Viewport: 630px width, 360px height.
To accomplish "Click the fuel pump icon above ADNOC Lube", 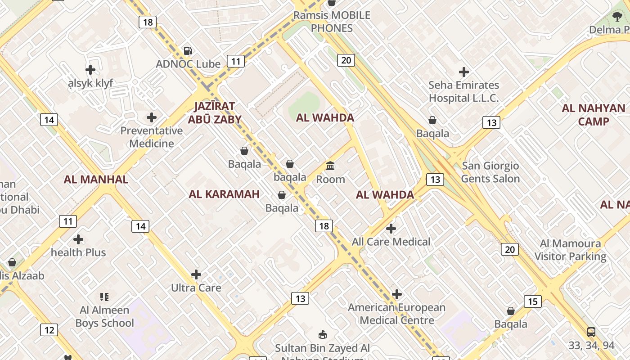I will click(188, 51).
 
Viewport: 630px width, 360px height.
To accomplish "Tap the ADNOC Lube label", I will click(188, 64).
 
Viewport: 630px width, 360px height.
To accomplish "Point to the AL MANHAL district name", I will click(96, 179).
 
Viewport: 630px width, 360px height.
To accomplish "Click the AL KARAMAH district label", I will click(224, 194).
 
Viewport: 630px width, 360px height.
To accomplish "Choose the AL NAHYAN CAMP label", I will click(594, 115).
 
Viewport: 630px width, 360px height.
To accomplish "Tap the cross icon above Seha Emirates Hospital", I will click(463, 72).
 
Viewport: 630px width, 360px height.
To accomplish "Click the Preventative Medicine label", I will click(152, 137).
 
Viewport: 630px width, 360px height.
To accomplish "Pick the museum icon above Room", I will click(330, 166).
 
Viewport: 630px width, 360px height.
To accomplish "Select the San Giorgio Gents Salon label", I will click(490, 172).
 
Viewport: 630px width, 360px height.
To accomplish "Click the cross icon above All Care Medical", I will click(391, 229).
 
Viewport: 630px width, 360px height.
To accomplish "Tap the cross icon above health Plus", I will click(78, 239).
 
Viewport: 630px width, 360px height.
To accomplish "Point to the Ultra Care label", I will click(196, 288).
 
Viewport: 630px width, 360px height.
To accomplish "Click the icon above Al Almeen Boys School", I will click(104, 297).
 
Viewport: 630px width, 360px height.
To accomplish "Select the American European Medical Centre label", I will click(397, 314).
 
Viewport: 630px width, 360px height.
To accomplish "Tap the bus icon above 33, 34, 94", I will click(591, 332).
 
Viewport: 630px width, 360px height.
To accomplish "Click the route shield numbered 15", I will click(533, 301).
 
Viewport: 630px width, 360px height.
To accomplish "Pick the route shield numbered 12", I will click(49, 330).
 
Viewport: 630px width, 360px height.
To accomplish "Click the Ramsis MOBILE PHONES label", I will click(332, 22).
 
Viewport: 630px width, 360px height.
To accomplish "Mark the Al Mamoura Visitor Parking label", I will click(571, 250).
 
